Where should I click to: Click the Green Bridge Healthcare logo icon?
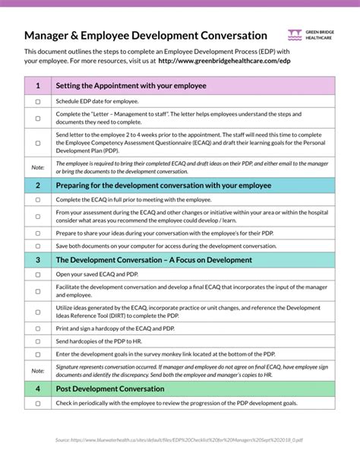point(295,34)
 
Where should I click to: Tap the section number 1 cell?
point(38,86)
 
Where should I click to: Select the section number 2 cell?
point(38,185)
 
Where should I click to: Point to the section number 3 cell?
point(38,260)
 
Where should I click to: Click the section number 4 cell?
point(38,388)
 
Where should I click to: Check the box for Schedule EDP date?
point(38,101)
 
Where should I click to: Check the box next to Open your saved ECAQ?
point(38,274)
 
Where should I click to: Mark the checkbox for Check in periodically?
point(38,403)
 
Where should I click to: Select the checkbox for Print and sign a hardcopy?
point(38,326)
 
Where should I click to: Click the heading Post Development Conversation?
point(110,388)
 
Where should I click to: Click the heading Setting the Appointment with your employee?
point(131,86)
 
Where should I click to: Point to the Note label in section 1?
point(38,166)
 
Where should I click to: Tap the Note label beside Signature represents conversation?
point(38,371)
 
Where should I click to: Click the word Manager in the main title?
point(49,36)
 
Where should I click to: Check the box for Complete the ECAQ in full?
point(38,198)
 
